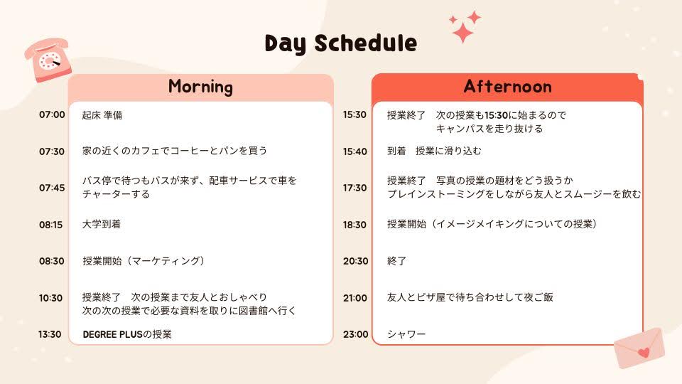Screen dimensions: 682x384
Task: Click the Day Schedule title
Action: click(x=340, y=43)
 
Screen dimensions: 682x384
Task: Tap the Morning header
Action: click(x=200, y=86)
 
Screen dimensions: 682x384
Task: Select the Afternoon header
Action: click(x=507, y=86)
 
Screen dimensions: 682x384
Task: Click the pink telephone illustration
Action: click(x=48, y=60)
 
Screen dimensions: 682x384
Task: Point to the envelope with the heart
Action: click(x=639, y=348)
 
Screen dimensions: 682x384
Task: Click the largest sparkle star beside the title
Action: click(x=462, y=32)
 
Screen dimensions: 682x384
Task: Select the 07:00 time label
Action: click(x=52, y=114)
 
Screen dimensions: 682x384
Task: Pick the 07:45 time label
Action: click(x=52, y=188)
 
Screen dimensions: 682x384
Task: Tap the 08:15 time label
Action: click(x=51, y=225)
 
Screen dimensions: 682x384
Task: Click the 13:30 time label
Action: click(x=50, y=334)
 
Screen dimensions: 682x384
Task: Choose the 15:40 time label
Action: click(x=355, y=151)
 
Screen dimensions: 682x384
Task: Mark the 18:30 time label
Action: click(x=354, y=225)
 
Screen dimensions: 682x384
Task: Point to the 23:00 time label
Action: click(x=355, y=334)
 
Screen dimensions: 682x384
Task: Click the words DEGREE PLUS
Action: click(x=113, y=334)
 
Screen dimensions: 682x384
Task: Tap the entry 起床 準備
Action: click(x=102, y=115)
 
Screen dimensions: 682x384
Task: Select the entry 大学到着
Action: click(x=102, y=224)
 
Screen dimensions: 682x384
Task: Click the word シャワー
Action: click(x=406, y=334)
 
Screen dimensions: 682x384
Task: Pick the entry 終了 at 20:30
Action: click(x=396, y=261)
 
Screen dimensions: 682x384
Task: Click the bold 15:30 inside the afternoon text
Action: click(x=497, y=115)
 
